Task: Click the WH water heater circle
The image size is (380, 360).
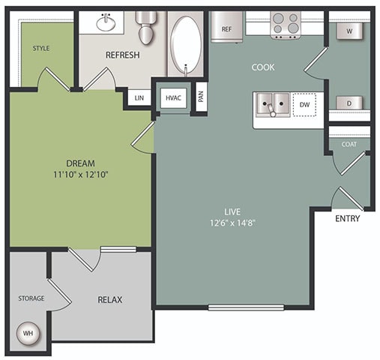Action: (28, 332)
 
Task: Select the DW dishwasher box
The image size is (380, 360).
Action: (304, 105)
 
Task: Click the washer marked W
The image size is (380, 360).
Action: (349, 31)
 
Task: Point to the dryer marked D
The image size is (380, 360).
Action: (349, 103)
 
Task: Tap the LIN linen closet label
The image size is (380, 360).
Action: (139, 98)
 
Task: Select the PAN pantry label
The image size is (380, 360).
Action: (200, 96)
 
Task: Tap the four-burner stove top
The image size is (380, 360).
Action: (285, 25)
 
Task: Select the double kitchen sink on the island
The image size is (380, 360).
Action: (271, 105)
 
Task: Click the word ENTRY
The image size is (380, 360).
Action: (347, 219)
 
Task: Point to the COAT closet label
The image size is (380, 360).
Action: (349, 145)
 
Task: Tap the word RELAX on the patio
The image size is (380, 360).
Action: (110, 300)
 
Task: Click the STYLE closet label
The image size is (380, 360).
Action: (40, 49)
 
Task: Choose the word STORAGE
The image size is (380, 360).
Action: (31, 298)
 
